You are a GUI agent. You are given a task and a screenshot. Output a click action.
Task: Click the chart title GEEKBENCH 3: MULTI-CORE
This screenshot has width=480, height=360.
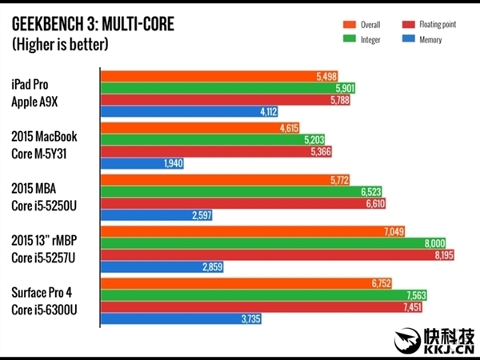coord(93,24)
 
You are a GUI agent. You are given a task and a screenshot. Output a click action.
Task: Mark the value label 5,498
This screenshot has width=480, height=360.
coord(326,77)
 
